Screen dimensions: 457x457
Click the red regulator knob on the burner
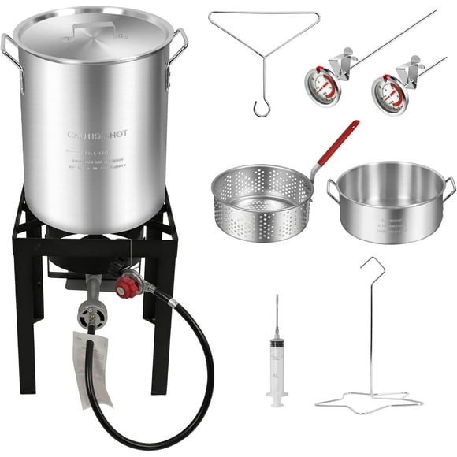(127, 287)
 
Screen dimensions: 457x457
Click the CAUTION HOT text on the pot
(97, 135)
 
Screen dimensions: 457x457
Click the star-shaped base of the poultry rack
(368, 402)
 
